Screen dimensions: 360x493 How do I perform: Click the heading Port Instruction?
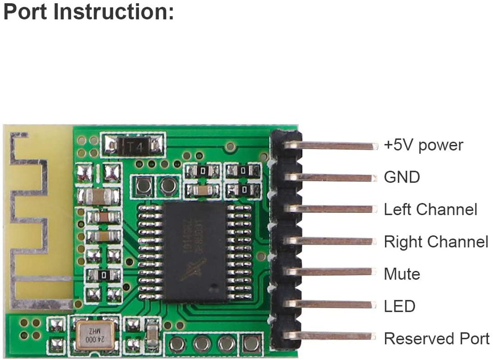88,12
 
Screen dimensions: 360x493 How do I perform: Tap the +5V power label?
423,145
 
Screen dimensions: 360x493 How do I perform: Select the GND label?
402,177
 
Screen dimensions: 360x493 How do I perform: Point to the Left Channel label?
430,209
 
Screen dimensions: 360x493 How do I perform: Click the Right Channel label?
436,242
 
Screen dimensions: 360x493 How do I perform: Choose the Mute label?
402,274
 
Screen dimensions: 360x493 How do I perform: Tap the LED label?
399,306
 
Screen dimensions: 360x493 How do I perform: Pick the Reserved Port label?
436,338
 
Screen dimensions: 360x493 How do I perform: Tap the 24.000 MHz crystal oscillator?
94,337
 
